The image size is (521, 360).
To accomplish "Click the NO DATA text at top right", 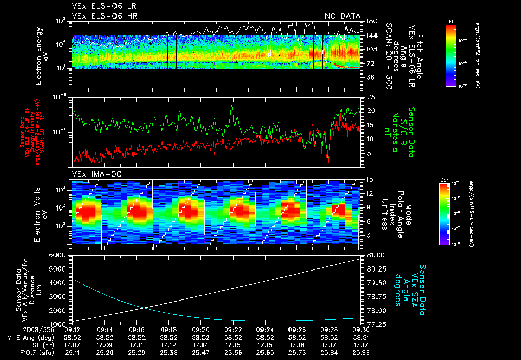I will [x=342, y=16].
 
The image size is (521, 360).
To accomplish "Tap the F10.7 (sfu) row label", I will [x=32, y=352].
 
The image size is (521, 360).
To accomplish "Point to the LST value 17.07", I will [x=73, y=344].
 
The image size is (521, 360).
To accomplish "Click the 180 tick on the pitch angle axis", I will [x=370, y=21].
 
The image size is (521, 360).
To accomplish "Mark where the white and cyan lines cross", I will [x=144, y=307].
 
